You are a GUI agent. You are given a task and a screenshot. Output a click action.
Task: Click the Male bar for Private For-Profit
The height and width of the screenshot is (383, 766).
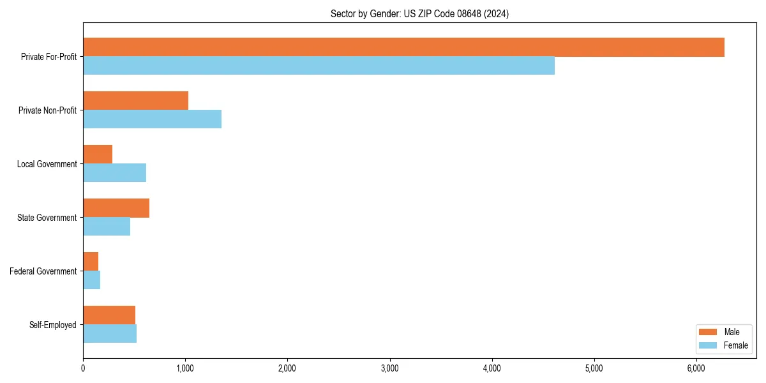(x=403, y=47)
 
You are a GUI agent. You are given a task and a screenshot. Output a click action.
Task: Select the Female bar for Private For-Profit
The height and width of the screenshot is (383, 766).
(x=319, y=66)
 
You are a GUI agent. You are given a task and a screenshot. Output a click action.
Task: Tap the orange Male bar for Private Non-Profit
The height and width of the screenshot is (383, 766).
(x=135, y=101)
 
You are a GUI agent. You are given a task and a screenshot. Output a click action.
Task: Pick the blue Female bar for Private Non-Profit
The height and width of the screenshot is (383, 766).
(x=152, y=119)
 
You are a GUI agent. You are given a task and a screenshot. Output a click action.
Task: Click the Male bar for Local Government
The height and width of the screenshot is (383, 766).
(x=98, y=154)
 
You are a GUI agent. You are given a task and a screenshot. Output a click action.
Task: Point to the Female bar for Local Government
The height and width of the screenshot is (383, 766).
(x=114, y=173)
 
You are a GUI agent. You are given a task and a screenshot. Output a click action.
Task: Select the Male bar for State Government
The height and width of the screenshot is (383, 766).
(x=116, y=208)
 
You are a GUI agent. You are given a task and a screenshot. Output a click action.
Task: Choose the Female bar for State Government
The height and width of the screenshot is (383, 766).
(x=107, y=227)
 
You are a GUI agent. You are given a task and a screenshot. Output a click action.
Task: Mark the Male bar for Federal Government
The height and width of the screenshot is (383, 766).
(x=91, y=262)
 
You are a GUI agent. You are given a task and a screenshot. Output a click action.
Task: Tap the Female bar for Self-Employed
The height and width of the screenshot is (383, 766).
(x=110, y=334)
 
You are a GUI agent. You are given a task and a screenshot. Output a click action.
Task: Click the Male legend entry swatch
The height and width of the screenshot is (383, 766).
(x=709, y=332)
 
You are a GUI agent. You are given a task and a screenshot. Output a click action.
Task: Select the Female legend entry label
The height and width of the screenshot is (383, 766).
(x=735, y=345)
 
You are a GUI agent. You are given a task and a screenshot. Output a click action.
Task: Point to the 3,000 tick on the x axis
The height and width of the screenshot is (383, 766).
(x=389, y=368)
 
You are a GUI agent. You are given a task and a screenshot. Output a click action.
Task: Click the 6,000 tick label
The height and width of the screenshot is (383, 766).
(x=696, y=368)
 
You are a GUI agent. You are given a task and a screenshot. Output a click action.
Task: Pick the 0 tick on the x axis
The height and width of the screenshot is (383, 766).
(x=83, y=368)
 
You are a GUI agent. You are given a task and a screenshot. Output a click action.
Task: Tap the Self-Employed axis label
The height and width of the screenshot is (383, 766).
(x=53, y=325)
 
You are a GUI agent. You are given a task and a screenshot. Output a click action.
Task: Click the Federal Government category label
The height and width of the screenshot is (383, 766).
(x=43, y=271)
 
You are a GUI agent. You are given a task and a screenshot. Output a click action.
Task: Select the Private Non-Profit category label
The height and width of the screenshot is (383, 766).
(x=47, y=110)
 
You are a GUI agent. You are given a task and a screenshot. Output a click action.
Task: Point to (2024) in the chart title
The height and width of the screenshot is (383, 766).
(x=496, y=13)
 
